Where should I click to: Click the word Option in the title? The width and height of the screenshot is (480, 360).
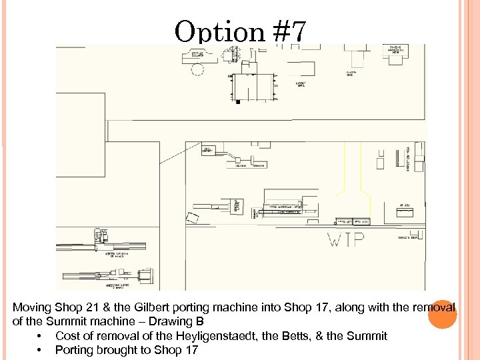point(219,31)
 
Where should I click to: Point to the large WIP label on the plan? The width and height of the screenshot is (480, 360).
point(345,240)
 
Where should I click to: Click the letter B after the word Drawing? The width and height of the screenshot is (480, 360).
point(199,322)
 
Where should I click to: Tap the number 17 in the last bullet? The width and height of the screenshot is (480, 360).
point(191,350)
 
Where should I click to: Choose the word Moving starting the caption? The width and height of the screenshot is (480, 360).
point(30,308)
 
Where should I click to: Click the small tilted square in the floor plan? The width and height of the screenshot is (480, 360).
point(193,217)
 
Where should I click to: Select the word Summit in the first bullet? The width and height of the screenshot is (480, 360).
point(369,336)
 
